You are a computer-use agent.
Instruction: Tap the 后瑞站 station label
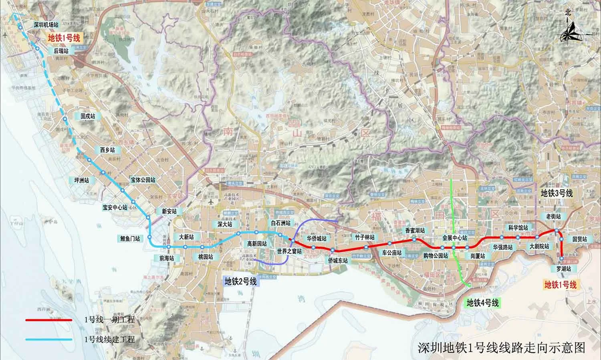(61, 51)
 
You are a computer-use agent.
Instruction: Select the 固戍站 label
(88, 116)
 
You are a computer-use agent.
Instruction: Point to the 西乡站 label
(107, 150)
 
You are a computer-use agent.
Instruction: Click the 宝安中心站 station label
(115, 208)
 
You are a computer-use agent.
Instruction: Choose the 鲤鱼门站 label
(130, 239)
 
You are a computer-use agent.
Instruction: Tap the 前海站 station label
(166, 258)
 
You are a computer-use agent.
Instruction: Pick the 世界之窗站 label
(289, 251)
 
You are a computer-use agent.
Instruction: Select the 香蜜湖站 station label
(415, 231)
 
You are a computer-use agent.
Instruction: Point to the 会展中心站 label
(455, 237)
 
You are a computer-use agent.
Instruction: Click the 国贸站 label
(580, 239)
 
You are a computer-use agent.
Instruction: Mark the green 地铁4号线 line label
(482, 303)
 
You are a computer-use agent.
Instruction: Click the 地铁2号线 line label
(240, 282)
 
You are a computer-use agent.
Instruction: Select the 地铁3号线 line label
(557, 193)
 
